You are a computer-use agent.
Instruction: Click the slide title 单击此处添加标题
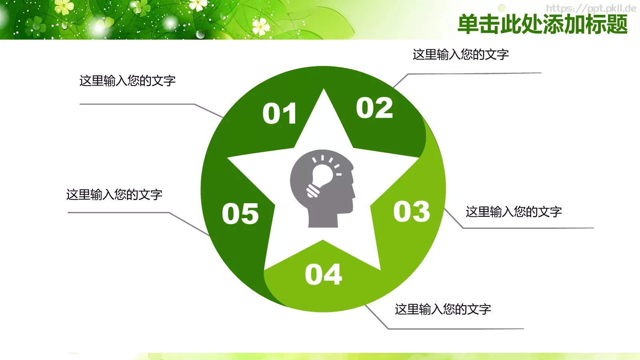point(542,24)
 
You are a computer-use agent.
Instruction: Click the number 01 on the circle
point(280,114)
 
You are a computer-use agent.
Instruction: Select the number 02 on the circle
point(374,108)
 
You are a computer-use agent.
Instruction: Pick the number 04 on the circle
point(323,274)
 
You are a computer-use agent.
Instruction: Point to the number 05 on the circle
point(240,214)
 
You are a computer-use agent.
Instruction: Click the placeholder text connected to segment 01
point(128,81)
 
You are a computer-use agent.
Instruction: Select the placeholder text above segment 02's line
point(460,54)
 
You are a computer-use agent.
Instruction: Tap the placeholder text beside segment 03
point(514,212)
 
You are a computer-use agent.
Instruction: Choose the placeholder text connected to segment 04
point(443,309)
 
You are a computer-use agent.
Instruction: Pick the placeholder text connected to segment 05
point(114,195)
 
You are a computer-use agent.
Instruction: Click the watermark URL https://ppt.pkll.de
point(591,8)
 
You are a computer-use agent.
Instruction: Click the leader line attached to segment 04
point(456,329)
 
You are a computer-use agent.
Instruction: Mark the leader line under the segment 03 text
point(528,228)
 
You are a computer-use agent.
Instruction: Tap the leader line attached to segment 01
point(136,104)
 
